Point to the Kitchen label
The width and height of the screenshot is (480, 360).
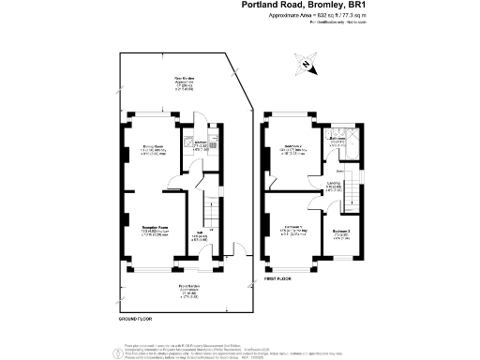[200, 144]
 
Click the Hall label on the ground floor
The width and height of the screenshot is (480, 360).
[202, 235]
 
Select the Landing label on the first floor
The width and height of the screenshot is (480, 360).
[334, 186]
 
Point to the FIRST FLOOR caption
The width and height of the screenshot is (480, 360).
[283, 279]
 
